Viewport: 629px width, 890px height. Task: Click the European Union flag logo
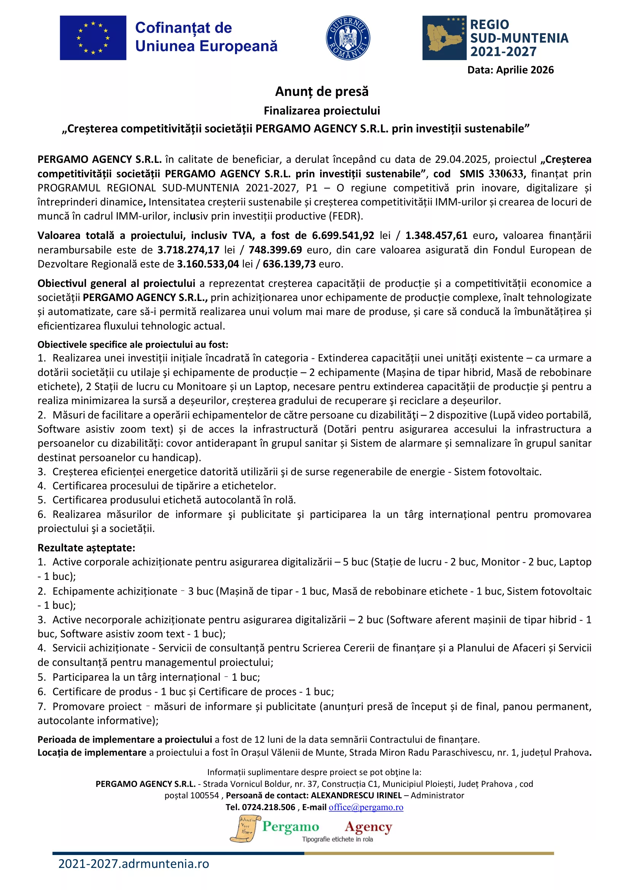pos(93,38)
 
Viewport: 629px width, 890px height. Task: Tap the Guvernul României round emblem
pos(348,38)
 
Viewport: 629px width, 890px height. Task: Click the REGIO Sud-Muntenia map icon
pos(444,38)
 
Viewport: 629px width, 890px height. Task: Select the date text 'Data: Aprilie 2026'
pos(510,70)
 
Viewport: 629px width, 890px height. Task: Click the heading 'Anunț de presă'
pos(321,91)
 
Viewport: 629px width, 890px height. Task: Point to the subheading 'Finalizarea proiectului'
pos(321,111)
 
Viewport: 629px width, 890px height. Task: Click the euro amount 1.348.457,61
pos(436,235)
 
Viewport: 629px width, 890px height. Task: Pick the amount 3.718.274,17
pos(188,250)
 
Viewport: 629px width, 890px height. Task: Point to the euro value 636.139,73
pos(289,264)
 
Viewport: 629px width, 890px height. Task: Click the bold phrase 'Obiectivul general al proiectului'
pos(116,283)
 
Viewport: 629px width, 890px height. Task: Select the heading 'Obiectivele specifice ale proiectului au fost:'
pos(133,344)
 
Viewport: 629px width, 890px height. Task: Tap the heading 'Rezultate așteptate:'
pos(86,548)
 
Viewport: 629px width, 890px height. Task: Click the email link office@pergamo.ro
pos(365,807)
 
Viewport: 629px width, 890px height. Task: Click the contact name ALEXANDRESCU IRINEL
pos(356,795)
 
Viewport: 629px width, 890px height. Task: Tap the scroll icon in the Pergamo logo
pos(245,829)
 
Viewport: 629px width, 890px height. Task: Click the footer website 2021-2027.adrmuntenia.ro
pos(133,864)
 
